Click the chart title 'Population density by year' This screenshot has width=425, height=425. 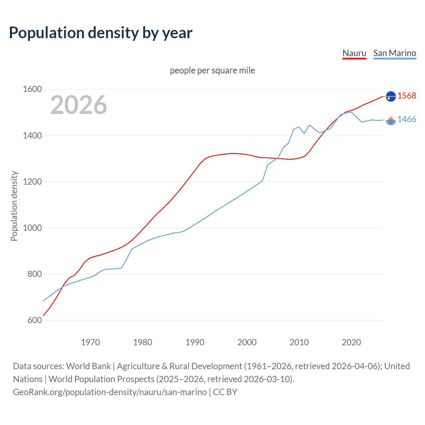pyautogui.click(x=101, y=33)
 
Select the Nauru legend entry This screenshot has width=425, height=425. pyautogui.click(x=354, y=53)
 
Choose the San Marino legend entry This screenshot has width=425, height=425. pyautogui.click(x=394, y=53)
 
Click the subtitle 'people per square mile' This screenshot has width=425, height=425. pyautogui.click(x=212, y=70)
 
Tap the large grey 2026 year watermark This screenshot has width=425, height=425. pyautogui.click(x=79, y=105)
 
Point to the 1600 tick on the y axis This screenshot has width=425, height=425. pyautogui.click(x=32, y=89)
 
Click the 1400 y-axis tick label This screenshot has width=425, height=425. pyautogui.click(x=32, y=135)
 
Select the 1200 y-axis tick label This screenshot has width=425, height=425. pyautogui.click(x=32, y=182)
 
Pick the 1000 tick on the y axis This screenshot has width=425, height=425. pyautogui.click(x=32, y=228)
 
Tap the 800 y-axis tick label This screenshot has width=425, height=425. pyautogui.click(x=35, y=274)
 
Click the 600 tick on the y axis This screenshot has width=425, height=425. pyautogui.click(x=35, y=320)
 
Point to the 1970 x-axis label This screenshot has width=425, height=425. pyautogui.click(x=90, y=342)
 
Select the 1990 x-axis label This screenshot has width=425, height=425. pyautogui.click(x=195, y=342)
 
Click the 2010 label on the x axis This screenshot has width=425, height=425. pyautogui.click(x=299, y=342)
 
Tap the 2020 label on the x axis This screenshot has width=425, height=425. pyautogui.click(x=351, y=342)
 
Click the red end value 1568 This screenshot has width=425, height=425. pyautogui.click(x=407, y=96)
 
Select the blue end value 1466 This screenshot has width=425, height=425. pyautogui.click(x=407, y=120)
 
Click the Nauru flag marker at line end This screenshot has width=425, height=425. pyautogui.click(x=391, y=96)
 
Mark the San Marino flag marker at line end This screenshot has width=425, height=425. pyautogui.click(x=391, y=120)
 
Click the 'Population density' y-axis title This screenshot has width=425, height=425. pyautogui.click(x=14, y=206)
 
